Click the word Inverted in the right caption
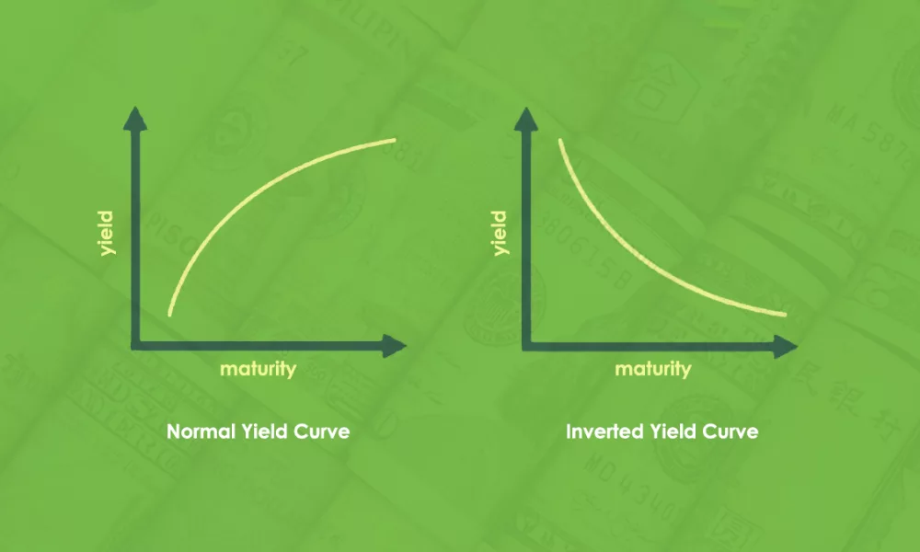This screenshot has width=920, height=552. pos(604,431)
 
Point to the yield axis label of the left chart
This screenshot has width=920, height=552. pos(107,234)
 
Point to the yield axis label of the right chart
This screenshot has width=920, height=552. pos(500,234)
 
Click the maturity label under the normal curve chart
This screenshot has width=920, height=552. pos(259,369)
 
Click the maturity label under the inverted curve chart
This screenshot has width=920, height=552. pos(653,369)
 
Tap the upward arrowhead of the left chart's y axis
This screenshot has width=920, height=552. pos(135,118)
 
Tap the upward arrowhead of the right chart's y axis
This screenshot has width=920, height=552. pos(525,119)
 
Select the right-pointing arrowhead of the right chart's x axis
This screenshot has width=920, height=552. pos(785,347)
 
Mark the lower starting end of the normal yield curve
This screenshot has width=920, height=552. pos(170,315)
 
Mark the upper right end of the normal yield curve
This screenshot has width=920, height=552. pos(394,140)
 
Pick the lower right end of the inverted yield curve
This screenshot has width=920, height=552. pos(785,315)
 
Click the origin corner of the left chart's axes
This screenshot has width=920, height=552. pos(135,346)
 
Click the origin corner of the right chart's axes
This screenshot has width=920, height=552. pos(526,347)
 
